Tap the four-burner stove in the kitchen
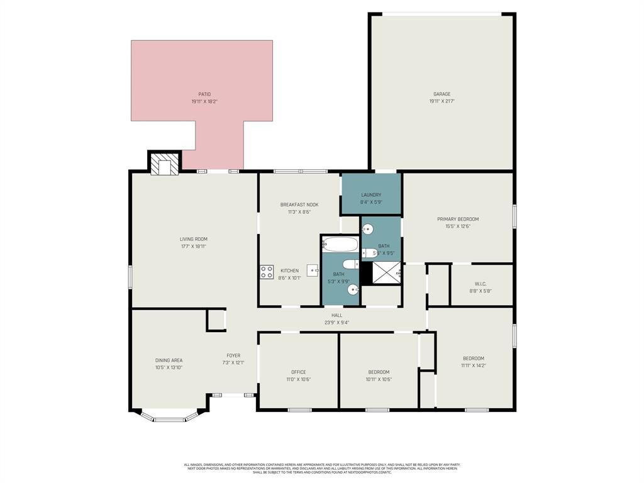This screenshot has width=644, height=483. click(x=267, y=272)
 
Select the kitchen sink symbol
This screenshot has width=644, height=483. click(x=313, y=270)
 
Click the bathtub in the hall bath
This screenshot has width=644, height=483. click(x=340, y=244)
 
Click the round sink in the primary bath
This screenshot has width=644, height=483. click(x=368, y=229)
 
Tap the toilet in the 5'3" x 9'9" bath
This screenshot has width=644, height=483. click(x=350, y=264)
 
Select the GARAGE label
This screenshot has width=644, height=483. click(x=441, y=94)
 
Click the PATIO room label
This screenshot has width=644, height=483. click(x=204, y=94)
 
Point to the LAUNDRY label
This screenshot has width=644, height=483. click(x=371, y=195)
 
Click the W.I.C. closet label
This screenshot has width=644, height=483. click(x=480, y=284)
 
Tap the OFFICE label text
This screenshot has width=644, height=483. click(x=298, y=372)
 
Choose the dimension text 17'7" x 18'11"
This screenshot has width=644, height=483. click(x=193, y=247)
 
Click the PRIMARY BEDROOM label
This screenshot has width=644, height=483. click(x=458, y=219)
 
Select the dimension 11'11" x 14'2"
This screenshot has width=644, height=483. click(x=473, y=365)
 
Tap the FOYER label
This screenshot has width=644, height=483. click(x=233, y=355)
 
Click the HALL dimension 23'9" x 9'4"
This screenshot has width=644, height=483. click(x=336, y=323)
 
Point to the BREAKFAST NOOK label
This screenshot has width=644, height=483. click(x=299, y=204)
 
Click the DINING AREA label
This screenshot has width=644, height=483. click(x=169, y=360)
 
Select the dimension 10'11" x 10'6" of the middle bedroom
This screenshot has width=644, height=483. click(x=379, y=379)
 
